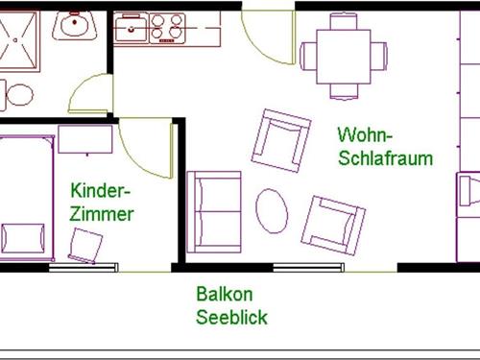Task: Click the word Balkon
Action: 222,294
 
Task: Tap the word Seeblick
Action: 231,317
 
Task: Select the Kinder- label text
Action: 100,190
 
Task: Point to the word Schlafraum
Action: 385,157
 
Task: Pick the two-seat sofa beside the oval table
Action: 213,212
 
